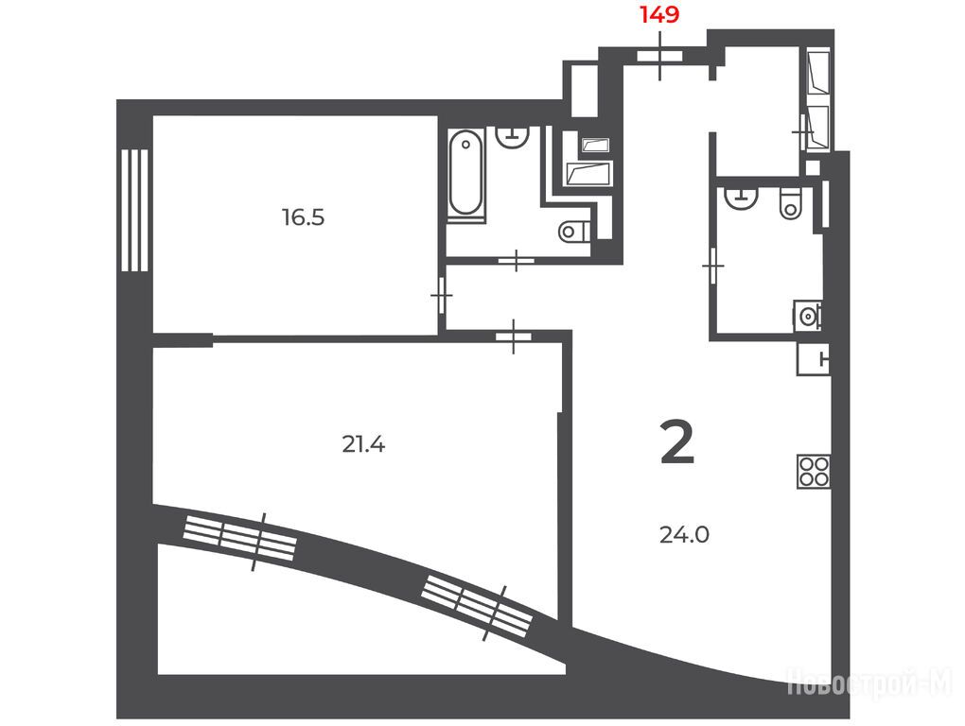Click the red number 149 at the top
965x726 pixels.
tap(659, 14)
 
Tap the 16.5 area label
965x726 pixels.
tap(304, 217)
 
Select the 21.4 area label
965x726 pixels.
tap(363, 444)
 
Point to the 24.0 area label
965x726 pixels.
tap(684, 535)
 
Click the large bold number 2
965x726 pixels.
tap(677, 442)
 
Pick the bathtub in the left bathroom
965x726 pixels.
tap(465, 173)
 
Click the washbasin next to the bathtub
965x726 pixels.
tap(513, 136)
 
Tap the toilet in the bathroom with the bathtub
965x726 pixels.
tap(574, 232)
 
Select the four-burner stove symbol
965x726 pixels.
tap(814, 472)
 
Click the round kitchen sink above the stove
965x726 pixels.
tap(808, 316)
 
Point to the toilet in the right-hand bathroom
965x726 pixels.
tap(790, 203)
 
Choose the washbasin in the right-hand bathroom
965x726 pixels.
tap(742, 198)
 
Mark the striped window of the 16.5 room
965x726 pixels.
tap(134, 210)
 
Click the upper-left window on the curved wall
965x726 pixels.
tap(240, 537)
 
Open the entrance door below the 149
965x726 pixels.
tap(659, 56)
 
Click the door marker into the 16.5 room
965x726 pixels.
tap(442, 296)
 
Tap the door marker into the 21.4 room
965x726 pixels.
tap(514, 337)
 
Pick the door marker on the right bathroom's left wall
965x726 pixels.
tap(713, 265)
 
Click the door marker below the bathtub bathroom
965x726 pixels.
tap(516, 261)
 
